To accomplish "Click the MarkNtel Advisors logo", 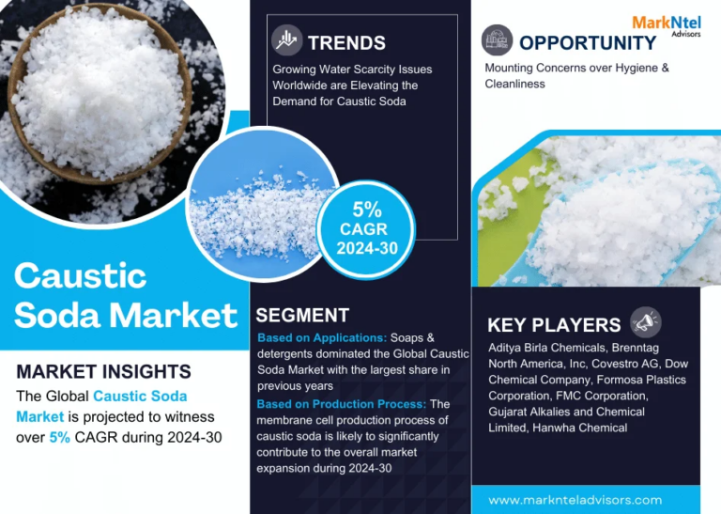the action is [667, 25].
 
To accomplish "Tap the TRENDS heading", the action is [346, 43].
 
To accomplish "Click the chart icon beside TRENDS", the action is [286, 40].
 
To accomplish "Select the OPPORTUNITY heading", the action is [588, 43].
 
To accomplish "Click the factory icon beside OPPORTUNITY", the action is [497, 40].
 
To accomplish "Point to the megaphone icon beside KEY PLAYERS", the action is [646, 322].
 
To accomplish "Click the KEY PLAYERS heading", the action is [554, 325].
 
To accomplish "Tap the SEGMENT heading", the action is [302, 315].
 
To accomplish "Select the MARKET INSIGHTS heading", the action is [103, 371].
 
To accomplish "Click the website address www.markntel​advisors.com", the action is [575, 500].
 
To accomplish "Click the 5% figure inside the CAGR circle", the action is [367, 210].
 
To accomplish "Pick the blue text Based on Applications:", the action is [322, 337].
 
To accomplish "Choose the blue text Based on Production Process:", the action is [342, 404].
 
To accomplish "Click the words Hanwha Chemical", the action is [580, 428].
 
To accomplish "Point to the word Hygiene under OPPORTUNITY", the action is [637, 68].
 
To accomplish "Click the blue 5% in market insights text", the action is [60, 437].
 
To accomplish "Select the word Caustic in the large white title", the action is [81, 276].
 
